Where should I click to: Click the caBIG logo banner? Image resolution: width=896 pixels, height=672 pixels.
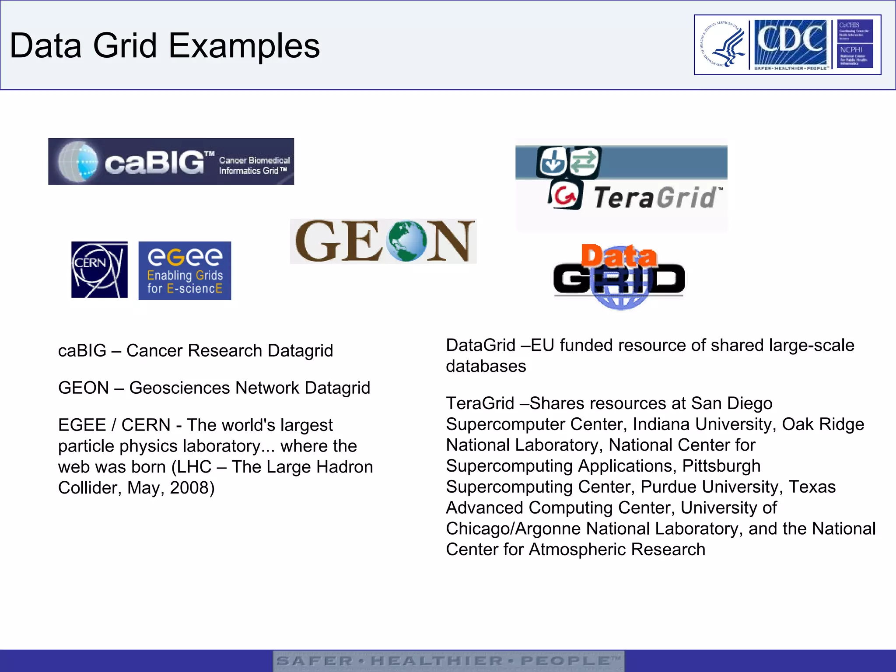pos(171,161)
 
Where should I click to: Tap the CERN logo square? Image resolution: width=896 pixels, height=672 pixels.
pos(99,269)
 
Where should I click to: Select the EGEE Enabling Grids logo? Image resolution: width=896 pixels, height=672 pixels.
pos(185,270)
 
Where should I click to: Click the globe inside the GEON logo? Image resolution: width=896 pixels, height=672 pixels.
pos(406,241)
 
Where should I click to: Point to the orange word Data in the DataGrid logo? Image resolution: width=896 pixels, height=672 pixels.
pos(619,256)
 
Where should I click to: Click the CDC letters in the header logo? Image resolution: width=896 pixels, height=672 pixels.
pos(790,41)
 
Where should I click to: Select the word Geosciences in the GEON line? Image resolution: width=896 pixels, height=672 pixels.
pos(179,388)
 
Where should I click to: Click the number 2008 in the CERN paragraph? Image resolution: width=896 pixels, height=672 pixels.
pos(190,488)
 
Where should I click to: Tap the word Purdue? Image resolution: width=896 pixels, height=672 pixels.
pos(668,487)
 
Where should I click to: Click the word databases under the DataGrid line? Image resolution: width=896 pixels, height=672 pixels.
pos(486,366)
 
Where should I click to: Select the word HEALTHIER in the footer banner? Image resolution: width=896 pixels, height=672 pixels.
pos(437,661)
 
